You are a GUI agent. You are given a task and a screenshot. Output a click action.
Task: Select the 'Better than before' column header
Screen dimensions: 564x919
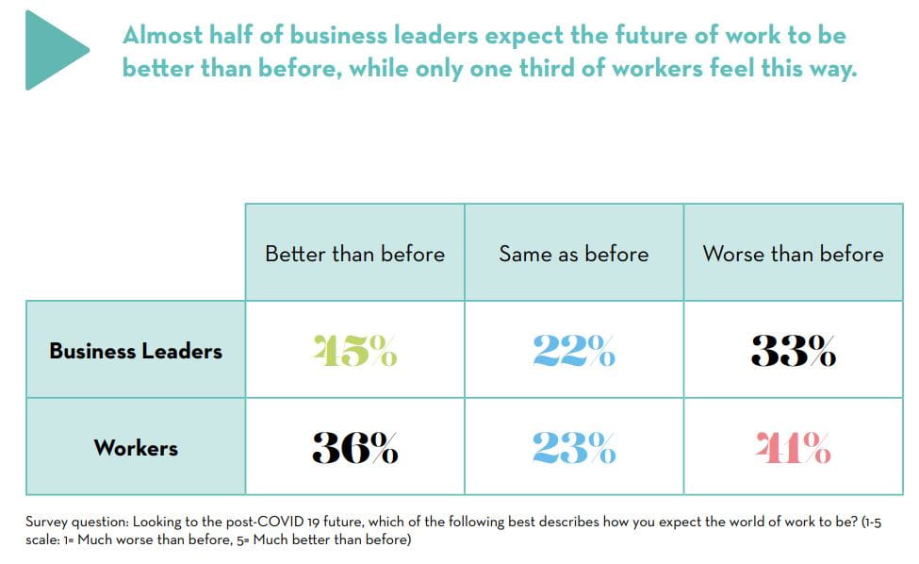[x=354, y=254]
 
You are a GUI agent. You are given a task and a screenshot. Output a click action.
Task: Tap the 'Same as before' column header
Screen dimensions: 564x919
[x=573, y=254]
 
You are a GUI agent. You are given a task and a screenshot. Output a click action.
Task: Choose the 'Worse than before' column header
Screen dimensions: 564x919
[x=793, y=254]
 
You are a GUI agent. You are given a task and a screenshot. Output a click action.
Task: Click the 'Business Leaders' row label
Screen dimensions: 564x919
[x=136, y=351]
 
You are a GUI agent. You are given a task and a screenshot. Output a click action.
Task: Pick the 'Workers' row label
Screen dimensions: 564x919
[x=136, y=447]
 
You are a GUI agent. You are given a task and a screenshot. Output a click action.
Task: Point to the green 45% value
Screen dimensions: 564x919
[x=354, y=351]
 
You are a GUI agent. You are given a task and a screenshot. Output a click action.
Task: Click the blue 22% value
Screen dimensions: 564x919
[x=573, y=351]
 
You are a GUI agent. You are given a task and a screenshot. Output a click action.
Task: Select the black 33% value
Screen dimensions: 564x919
[x=793, y=351]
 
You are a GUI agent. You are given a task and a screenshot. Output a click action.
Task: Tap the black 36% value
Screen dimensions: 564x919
[x=354, y=448]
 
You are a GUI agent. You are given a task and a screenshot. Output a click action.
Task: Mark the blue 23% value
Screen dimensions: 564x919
[x=573, y=448]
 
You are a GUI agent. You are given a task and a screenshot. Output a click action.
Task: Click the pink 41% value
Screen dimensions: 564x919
[x=793, y=448]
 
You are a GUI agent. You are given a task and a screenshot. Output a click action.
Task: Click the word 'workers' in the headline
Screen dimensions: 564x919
[x=681, y=70]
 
